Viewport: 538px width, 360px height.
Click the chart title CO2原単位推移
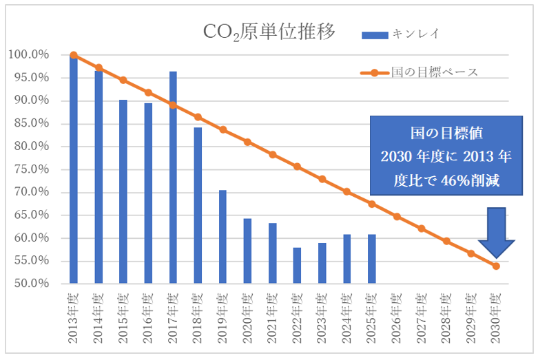(269, 32)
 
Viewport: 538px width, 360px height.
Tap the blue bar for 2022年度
(297, 265)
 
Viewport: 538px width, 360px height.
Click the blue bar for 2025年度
(372, 259)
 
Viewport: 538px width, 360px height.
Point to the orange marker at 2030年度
(496, 266)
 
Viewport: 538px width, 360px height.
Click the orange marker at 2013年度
(74, 55)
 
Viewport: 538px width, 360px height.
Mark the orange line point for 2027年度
(422, 229)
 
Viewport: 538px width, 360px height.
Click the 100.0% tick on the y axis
(28, 55)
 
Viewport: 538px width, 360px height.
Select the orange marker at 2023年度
(322, 179)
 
